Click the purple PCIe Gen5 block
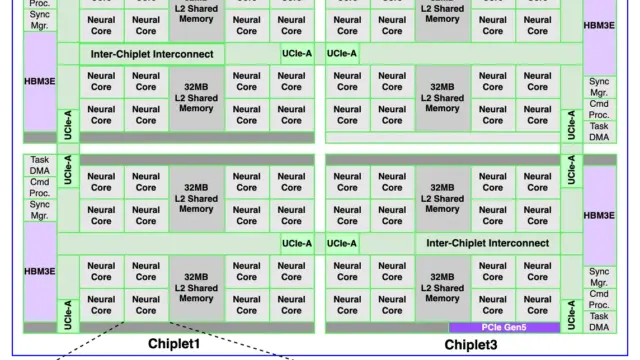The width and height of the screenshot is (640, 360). pyautogui.click(x=504, y=327)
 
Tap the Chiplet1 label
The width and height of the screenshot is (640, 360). pyautogui.click(x=174, y=344)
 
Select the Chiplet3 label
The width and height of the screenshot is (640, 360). pyautogui.click(x=471, y=345)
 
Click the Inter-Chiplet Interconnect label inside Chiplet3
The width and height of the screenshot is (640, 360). pyautogui.click(x=487, y=243)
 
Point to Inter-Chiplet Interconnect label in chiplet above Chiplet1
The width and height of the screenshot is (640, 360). pyautogui.click(x=152, y=54)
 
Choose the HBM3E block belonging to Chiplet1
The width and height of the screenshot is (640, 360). pyautogui.click(x=40, y=271)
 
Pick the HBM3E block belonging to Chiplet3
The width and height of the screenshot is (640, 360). pyautogui.click(x=599, y=216)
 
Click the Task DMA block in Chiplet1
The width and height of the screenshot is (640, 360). pyautogui.click(x=40, y=165)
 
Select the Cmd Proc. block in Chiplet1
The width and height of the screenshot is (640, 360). pyautogui.click(x=40, y=188)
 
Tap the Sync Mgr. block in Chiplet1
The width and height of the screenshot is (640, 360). pyautogui.click(x=40, y=210)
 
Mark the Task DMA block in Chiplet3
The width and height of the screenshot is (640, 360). pyautogui.click(x=599, y=322)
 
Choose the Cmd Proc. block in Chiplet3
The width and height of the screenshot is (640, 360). pyautogui.click(x=599, y=299)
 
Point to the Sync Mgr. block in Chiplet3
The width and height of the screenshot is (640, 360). pyautogui.click(x=599, y=277)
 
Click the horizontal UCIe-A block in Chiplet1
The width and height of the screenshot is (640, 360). pyautogui.click(x=297, y=244)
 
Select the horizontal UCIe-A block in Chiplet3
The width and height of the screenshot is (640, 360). pyautogui.click(x=342, y=244)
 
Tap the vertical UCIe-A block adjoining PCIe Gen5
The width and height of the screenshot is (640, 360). pyautogui.click(x=571, y=315)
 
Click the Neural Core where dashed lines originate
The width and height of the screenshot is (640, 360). pyautogui.click(x=146, y=305)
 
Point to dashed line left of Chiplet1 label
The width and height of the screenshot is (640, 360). pyautogui.click(x=90, y=341)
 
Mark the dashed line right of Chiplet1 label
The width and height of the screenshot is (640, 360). pyautogui.click(x=231, y=341)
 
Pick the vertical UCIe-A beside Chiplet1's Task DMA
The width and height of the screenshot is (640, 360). pyautogui.click(x=68, y=170)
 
